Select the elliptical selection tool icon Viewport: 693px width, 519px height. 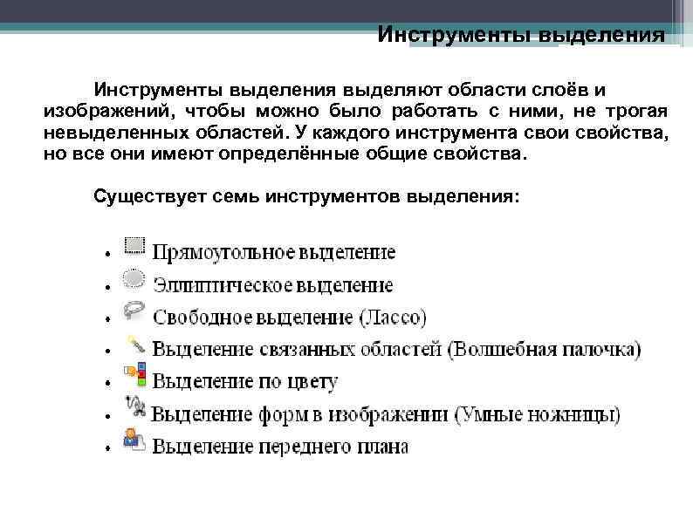134,279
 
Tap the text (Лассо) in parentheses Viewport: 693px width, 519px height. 393,317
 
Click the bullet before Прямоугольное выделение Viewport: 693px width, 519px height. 104,256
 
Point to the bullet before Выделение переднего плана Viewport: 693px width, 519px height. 104,448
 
